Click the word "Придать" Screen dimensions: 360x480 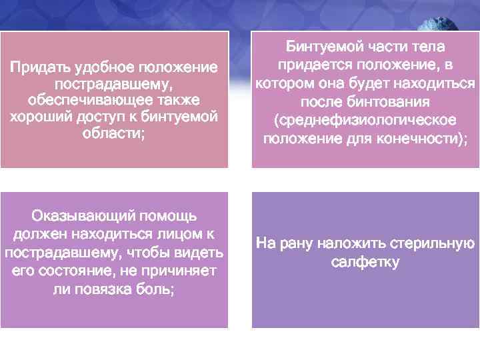pos(35,68)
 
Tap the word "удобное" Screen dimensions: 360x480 pos(97,68)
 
